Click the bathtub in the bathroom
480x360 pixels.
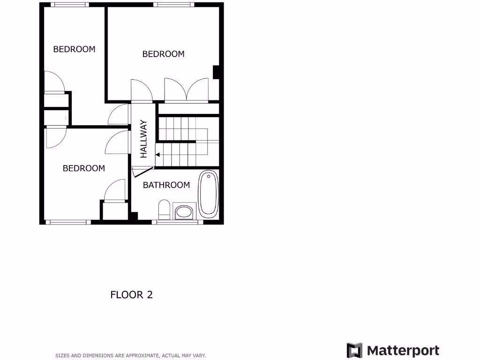click(208, 194)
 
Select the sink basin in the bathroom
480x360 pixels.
click(183, 212)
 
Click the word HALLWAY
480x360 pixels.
click(144, 139)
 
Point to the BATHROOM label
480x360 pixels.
click(166, 185)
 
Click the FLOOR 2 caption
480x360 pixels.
click(131, 295)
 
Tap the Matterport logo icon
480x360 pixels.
click(354, 351)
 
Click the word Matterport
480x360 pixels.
click(403, 351)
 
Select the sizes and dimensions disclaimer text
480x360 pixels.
click(130, 356)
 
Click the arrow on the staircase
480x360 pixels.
click(158, 154)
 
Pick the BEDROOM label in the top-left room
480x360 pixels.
click(74, 49)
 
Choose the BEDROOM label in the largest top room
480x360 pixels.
click(163, 54)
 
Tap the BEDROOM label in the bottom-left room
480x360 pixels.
click(84, 168)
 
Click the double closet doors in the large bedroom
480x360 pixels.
click(186, 90)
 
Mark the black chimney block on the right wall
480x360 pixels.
click(217, 72)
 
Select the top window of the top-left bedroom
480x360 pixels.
click(69, 5)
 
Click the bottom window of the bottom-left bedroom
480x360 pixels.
click(68, 222)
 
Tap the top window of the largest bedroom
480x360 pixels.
click(173, 5)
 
